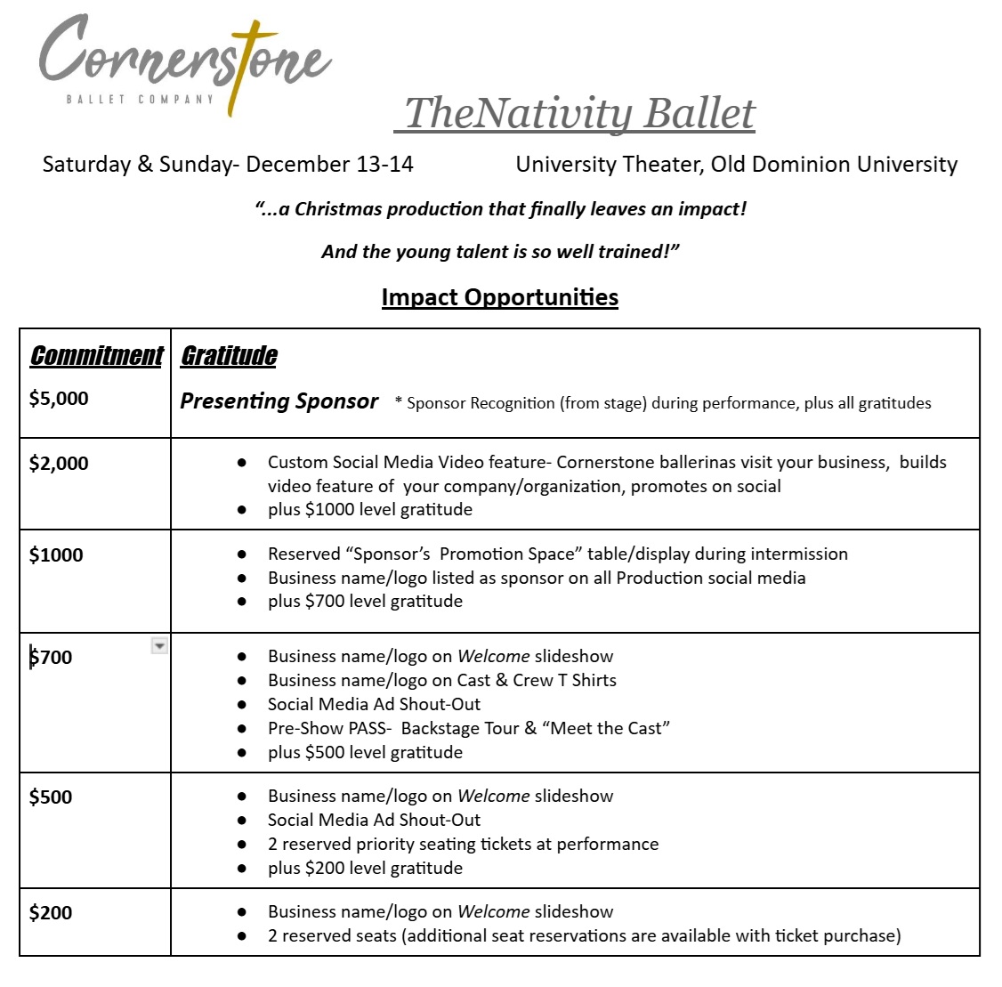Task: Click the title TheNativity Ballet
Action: click(579, 113)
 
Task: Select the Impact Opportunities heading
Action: click(499, 297)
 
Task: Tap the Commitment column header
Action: click(96, 356)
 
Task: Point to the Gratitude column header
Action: click(229, 356)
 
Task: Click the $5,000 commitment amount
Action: click(59, 399)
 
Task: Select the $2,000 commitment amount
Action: click(59, 463)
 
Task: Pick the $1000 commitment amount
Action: click(56, 555)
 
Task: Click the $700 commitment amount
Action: click(52, 658)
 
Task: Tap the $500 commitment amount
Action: click(51, 797)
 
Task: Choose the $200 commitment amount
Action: click(51, 913)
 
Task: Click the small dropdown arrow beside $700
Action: click(159, 646)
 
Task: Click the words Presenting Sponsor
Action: click(279, 401)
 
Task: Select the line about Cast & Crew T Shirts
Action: click(442, 681)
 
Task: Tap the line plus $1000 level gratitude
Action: click(370, 510)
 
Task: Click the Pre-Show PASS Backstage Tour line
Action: click(469, 729)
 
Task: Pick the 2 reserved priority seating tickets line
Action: click(463, 845)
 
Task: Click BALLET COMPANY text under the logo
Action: click(140, 99)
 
